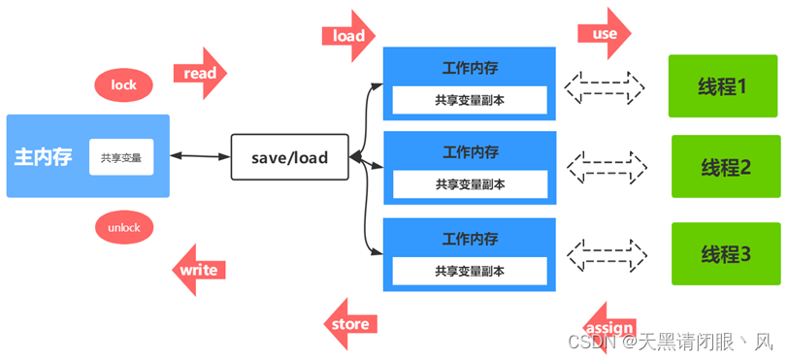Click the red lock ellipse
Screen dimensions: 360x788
pos(123,85)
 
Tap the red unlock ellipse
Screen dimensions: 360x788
pos(124,228)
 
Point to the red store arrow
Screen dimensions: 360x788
pos(349,324)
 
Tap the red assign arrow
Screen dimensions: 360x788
pos(609,327)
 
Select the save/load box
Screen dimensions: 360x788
pos(289,157)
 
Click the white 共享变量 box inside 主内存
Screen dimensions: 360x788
pos(121,157)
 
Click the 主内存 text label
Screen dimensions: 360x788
pos(44,157)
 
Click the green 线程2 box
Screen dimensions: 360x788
pos(727,167)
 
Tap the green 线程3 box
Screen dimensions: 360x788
pos(727,253)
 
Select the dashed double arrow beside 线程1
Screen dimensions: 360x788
pos(606,87)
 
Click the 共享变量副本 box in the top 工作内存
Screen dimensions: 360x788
pos(470,100)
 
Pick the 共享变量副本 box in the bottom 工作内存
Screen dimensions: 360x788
pos(470,271)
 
